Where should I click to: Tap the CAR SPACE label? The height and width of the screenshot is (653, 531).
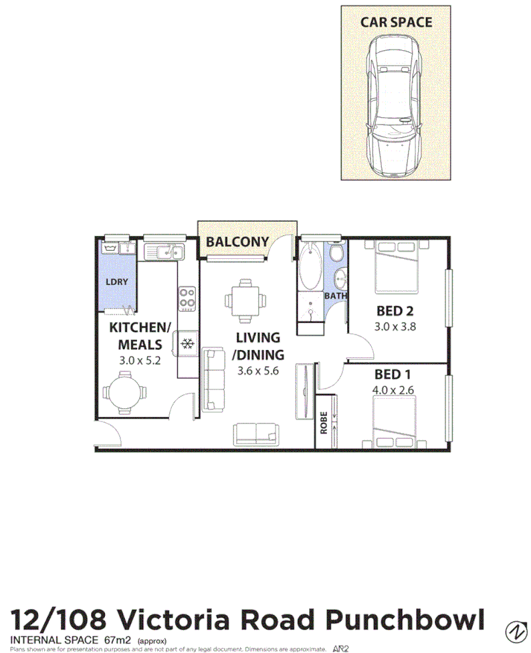(x=396, y=21)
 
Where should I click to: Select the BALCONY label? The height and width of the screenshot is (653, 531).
(x=237, y=242)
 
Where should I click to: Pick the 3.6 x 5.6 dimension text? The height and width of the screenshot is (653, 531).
(x=257, y=371)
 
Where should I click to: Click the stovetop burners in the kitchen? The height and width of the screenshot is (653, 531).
(x=188, y=298)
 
